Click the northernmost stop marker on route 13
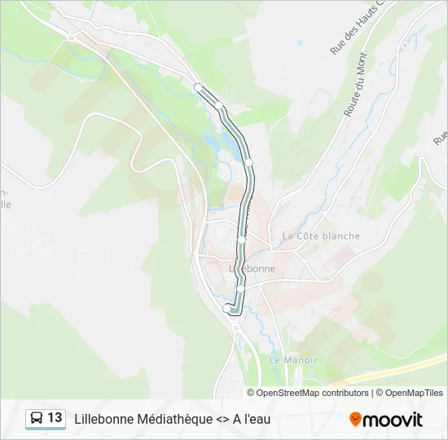click(197, 86)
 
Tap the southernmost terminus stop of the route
click(226, 308)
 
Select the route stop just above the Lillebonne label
click(241, 240)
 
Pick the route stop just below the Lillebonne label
click(241, 288)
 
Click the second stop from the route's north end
click(220, 104)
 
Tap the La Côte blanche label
click(321, 235)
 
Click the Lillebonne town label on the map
click(253, 268)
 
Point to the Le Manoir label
click(293, 359)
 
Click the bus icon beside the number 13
click(37, 418)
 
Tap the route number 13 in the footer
click(55, 418)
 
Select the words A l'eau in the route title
click(252, 419)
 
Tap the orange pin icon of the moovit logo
click(355, 420)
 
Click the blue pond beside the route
click(213, 141)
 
